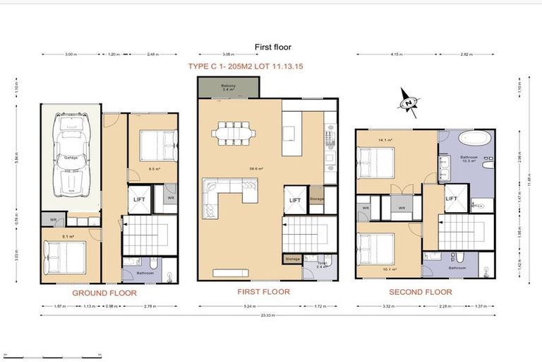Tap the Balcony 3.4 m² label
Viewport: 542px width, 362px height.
coord(228,88)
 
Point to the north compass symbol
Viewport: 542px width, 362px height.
coord(408,102)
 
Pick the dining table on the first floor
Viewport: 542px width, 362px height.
coord(233,132)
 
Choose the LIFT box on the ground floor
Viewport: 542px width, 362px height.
coord(139,199)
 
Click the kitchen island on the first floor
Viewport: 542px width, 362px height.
coord(289,132)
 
